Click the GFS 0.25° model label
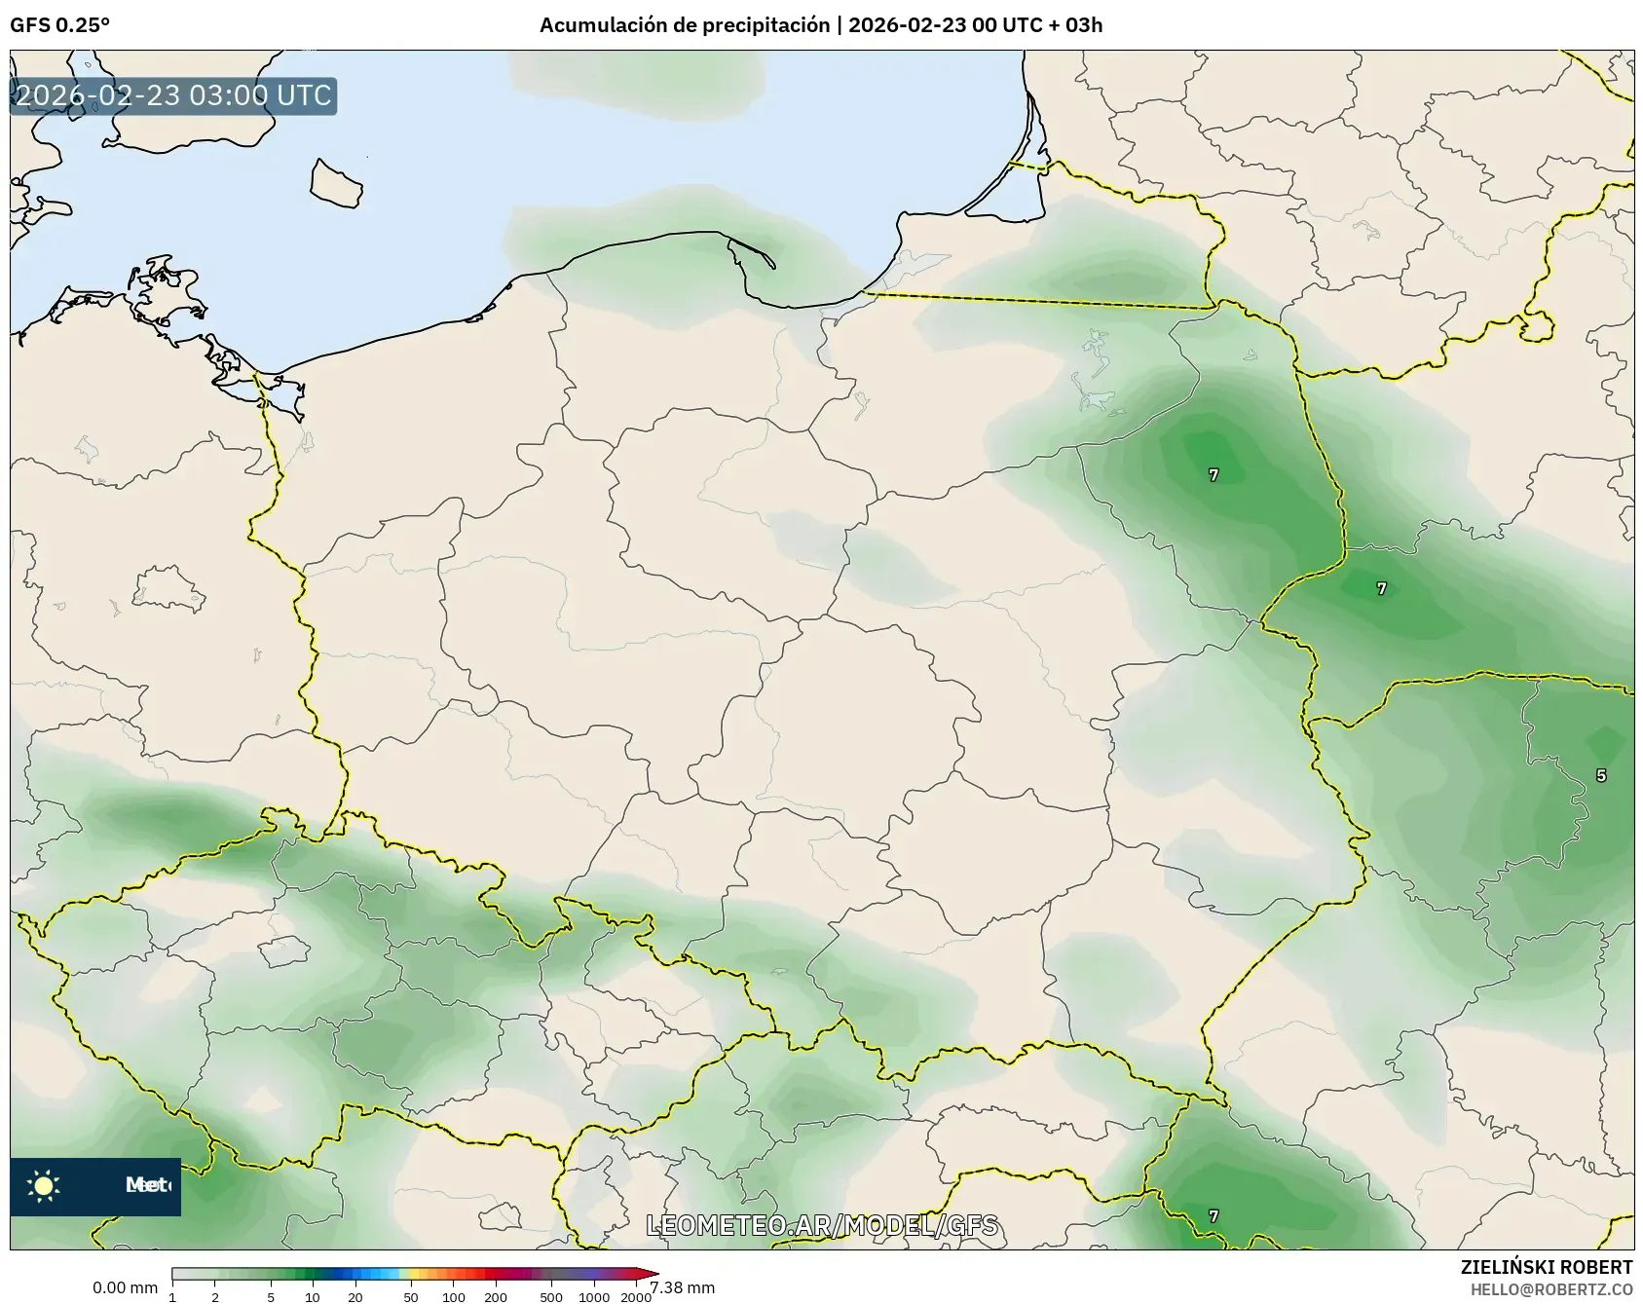point(59,25)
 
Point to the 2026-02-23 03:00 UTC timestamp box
point(173,96)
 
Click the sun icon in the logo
point(44,1185)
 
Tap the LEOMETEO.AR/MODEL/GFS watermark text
point(822,1225)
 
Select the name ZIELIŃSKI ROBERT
point(1547,1267)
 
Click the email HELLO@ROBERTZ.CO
point(1551,1289)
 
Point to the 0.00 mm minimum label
point(125,1288)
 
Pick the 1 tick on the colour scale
point(172,1297)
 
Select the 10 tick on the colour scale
point(313,1297)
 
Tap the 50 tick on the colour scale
point(411,1297)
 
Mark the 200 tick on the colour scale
point(496,1297)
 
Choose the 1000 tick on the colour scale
point(594,1297)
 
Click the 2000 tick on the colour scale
point(635,1297)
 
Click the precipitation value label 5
point(1601,776)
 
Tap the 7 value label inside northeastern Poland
point(1214,475)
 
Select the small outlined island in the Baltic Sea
point(336,183)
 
